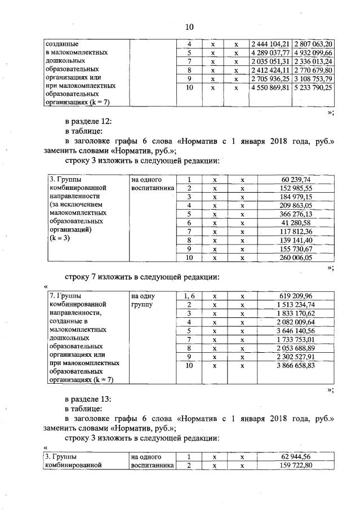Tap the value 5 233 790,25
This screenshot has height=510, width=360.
coord(313,88)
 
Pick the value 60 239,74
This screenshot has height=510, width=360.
coord(296,179)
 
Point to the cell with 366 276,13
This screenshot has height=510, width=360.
coord(296,214)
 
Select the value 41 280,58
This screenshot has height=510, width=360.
coord(296,223)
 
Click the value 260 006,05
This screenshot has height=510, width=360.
coord(296,258)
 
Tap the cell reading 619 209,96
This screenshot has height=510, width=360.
coord(296,295)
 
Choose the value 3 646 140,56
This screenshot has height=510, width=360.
coord(296,330)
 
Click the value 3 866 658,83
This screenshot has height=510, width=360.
coord(296,365)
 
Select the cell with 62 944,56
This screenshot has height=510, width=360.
coord(296,456)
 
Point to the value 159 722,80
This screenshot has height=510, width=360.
coord(296,465)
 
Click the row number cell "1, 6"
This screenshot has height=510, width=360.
coord(190,295)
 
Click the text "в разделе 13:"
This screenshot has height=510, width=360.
coord(88,398)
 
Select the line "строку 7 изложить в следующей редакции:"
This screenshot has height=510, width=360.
coord(141,277)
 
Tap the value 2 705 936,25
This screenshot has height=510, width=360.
coord(269,79)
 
